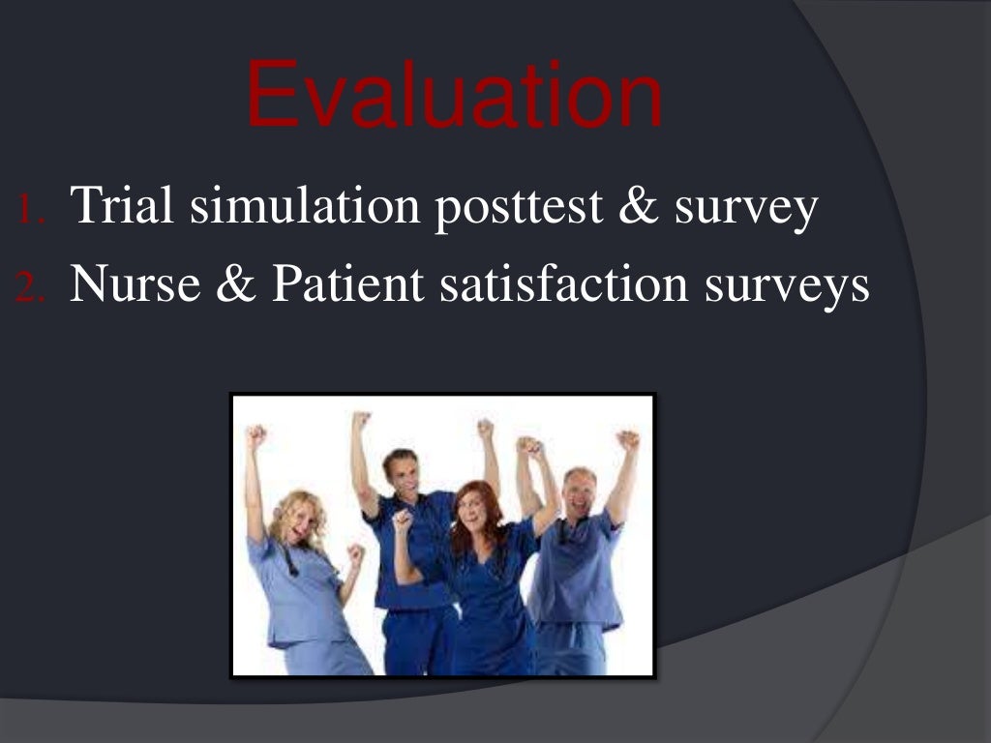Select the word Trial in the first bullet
[x=123, y=206]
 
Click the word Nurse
[x=132, y=285]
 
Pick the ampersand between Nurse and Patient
[x=230, y=285]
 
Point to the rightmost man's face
[x=580, y=493]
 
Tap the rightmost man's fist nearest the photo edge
[x=628, y=440]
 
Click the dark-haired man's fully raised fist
[x=361, y=421]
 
